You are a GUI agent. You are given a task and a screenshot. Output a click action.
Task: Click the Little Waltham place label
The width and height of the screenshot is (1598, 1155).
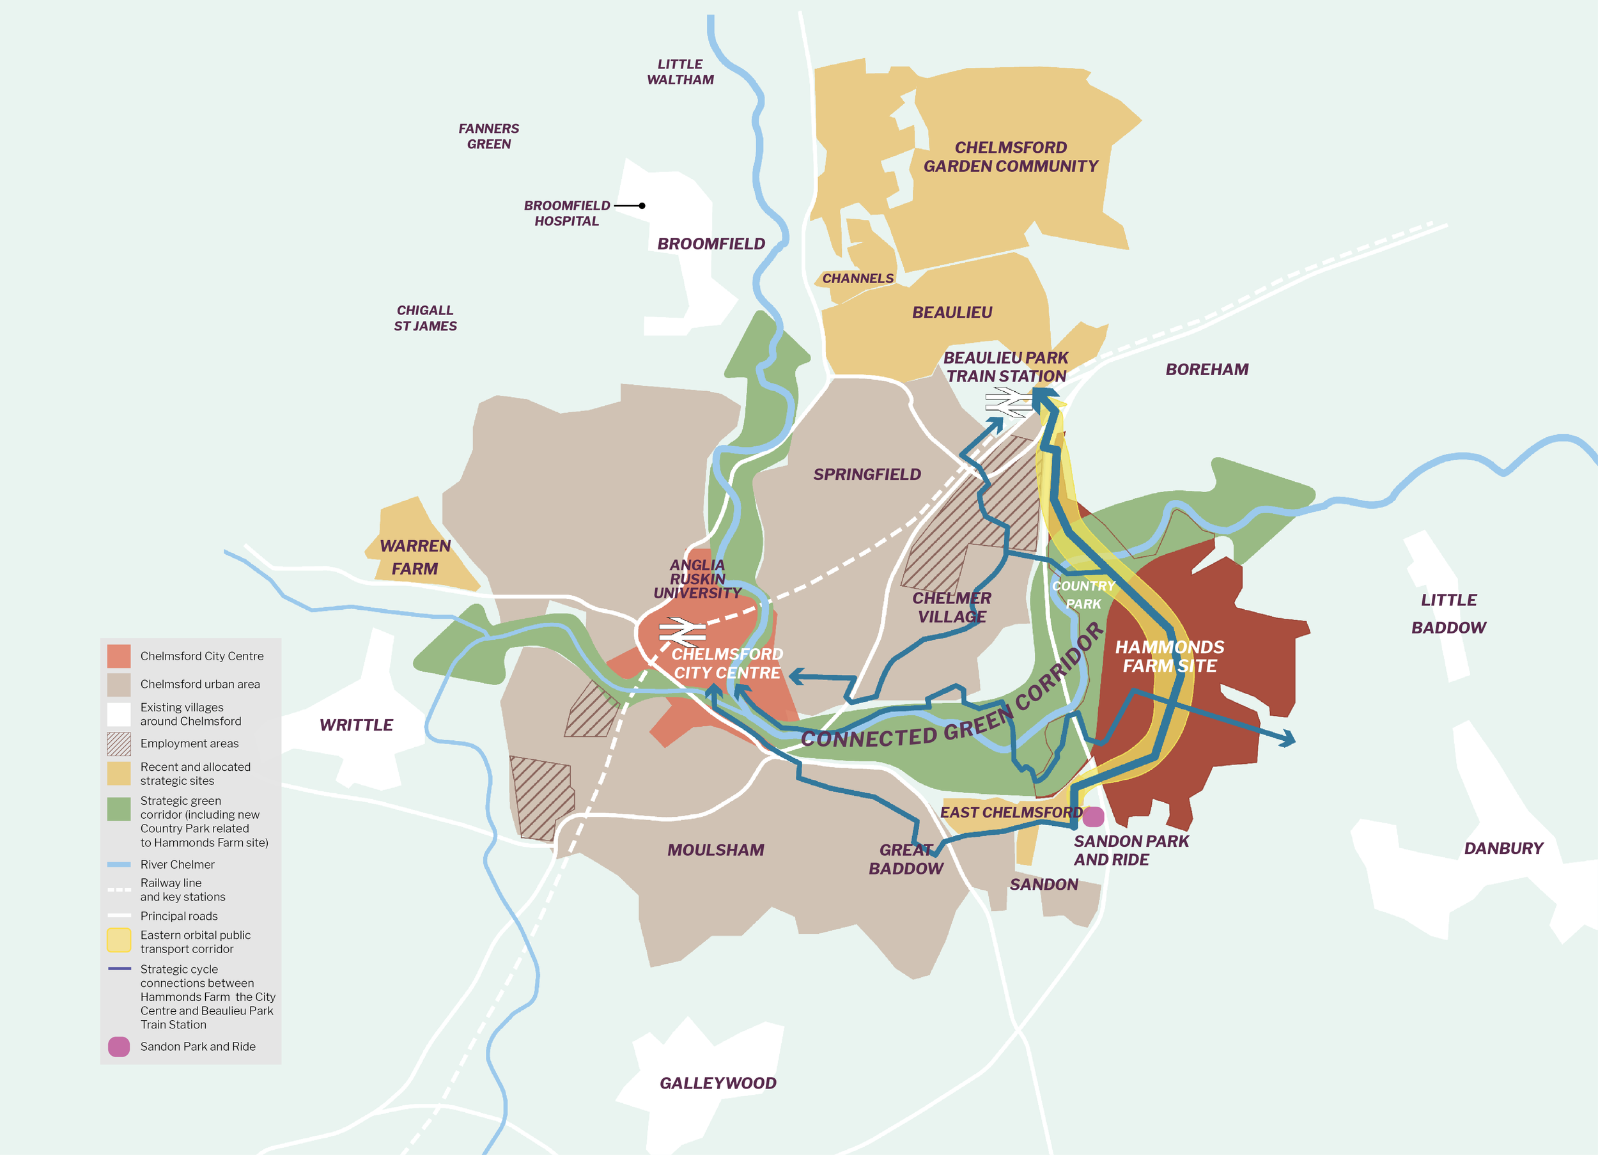coord(680,72)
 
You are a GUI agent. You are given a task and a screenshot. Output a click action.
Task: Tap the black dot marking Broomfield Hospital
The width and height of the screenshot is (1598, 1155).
coord(642,206)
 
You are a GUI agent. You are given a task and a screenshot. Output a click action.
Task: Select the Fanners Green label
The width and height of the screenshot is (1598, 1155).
coord(488,136)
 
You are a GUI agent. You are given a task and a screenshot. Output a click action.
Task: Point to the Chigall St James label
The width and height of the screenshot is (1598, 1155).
coord(425,318)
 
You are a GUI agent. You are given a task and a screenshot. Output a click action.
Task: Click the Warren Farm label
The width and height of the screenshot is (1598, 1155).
coord(415,557)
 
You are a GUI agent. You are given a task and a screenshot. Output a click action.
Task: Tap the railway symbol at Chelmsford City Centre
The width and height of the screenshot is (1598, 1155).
coord(681,631)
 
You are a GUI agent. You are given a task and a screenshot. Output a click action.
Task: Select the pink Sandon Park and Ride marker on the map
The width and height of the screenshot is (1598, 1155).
coord(1093,817)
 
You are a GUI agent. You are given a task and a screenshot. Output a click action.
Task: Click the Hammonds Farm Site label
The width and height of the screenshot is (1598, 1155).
coord(1169,656)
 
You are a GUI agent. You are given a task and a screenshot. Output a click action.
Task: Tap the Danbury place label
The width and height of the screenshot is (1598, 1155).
coord(1503,848)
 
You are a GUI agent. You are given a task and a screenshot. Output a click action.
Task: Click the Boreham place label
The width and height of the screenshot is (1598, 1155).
coord(1206,369)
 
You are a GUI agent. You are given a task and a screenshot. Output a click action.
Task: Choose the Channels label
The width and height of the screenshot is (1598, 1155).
coord(857,278)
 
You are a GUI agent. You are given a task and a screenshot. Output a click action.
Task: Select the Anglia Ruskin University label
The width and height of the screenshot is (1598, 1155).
coord(697,578)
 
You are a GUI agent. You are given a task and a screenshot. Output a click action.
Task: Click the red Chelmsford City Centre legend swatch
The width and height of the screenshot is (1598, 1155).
coord(118,656)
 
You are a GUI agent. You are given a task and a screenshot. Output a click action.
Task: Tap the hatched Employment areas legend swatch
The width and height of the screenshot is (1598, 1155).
coord(118,743)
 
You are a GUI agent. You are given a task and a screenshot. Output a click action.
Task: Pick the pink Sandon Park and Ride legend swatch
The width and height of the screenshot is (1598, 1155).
coord(118,1046)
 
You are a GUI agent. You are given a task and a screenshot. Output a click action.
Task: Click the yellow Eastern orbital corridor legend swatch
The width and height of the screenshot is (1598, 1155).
coord(118,941)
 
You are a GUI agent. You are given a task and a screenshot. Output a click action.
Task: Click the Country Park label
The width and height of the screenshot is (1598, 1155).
coord(1083,595)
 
